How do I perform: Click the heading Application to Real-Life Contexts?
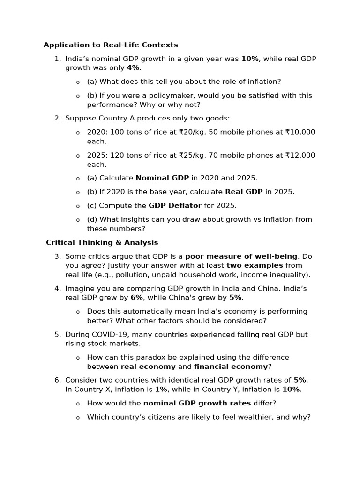point(111,45)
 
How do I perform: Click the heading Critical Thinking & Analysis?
point(102,242)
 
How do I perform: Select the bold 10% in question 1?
point(250,59)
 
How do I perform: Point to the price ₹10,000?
point(300,132)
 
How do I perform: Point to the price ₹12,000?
point(300,155)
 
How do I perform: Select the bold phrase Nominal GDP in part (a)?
point(162,178)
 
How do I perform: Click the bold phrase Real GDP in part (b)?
point(244,192)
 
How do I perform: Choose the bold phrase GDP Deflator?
point(175,205)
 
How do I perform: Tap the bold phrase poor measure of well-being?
point(241,256)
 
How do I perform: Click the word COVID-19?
point(109,334)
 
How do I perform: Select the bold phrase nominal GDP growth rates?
point(197,403)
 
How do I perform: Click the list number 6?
point(57,380)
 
